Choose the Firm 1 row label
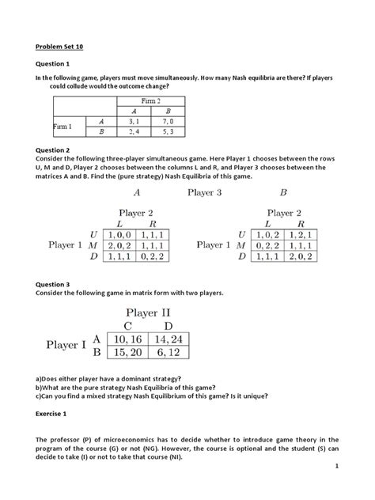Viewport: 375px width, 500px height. point(62,127)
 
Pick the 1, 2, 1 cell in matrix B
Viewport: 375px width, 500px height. point(301,234)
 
